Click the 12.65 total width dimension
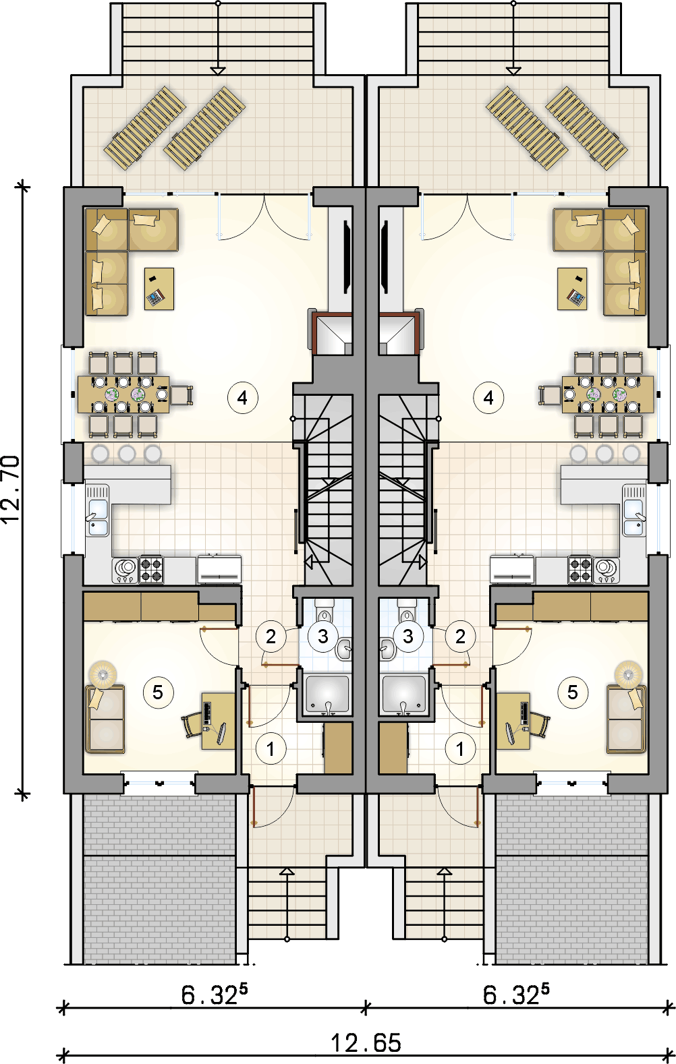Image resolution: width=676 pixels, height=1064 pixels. pyautogui.click(x=366, y=1043)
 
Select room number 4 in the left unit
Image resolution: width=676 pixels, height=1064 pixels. pyautogui.click(x=242, y=398)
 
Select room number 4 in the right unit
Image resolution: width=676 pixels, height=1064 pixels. pyautogui.click(x=488, y=398)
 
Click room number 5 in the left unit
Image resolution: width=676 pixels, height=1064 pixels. pyautogui.click(x=158, y=692)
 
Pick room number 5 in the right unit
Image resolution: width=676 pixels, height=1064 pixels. pyautogui.click(x=572, y=692)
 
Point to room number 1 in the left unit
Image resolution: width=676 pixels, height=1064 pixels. pyautogui.click(x=271, y=748)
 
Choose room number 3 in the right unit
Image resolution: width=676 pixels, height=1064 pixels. pyautogui.click(x=407, y=636)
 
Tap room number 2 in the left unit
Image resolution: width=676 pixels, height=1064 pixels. pyautogui.click(x=271, y=636)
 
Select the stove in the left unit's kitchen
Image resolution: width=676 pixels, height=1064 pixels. pyautogui.click(x=151, y=569)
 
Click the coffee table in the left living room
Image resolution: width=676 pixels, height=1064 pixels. pyautogui.click(x=159, y=289)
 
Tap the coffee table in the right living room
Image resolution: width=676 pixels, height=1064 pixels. pyautogui.click(x=572, y=289)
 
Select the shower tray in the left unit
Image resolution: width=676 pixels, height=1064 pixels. pyautogui.click(x=327, y=694)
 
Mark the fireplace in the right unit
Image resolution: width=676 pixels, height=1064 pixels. pyautogui.click(x=397, y=334)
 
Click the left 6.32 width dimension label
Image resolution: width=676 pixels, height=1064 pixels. pyautogui.click(x=214, y=995)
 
